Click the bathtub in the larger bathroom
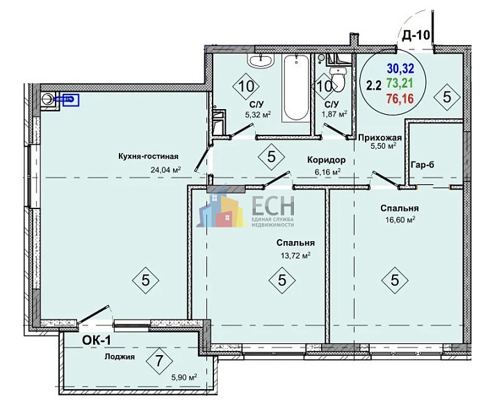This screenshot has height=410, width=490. [295, 88]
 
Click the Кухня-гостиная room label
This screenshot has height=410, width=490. [148, 156]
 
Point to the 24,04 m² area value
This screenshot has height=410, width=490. [166, 170]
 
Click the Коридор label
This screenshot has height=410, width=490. [326, 160]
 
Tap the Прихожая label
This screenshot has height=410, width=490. [379, 138]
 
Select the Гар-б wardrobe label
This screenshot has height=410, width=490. [423, 165]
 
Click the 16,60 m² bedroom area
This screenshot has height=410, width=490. [400, 220]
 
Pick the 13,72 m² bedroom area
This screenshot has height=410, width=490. [295, 256]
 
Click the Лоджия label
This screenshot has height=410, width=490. [120, 356]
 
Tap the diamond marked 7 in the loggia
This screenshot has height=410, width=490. [159, 361]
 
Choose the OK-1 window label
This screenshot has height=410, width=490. [96, 341]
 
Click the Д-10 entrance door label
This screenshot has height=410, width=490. [416, 35]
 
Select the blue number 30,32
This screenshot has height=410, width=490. [400, 67]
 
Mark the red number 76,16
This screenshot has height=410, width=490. [400, 99]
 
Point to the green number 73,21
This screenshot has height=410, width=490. [400, 83]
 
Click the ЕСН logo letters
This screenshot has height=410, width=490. [273, 205]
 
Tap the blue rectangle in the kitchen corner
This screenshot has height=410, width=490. [71, 100]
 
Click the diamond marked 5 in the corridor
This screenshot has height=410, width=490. [271, 156]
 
